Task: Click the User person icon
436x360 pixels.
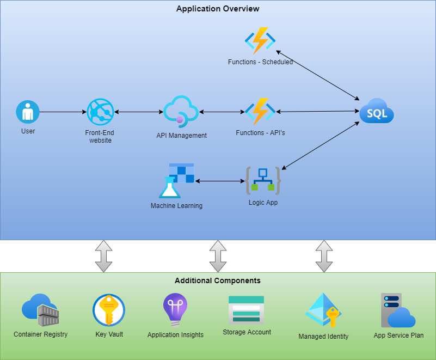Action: coord(28,112)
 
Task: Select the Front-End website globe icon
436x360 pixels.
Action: coord(100,112)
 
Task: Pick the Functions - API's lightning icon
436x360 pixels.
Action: coord(260,112)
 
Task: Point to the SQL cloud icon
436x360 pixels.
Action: coord(376,112)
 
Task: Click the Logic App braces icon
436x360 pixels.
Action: coord(263,181)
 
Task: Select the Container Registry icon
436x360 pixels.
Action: coord(40,310)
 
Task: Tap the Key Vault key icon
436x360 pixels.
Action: coord(109,310)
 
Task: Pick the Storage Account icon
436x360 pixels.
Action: coord(246,310)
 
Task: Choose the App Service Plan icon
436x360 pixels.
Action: coord(398,310)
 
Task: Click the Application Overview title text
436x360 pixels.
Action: coord(218,9)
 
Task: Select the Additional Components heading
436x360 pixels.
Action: coord(218,281)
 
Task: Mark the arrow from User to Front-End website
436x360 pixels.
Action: coord(63,112)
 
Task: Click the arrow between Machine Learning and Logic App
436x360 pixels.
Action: coord(218,181)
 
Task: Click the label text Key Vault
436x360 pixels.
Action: coord(109,334)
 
